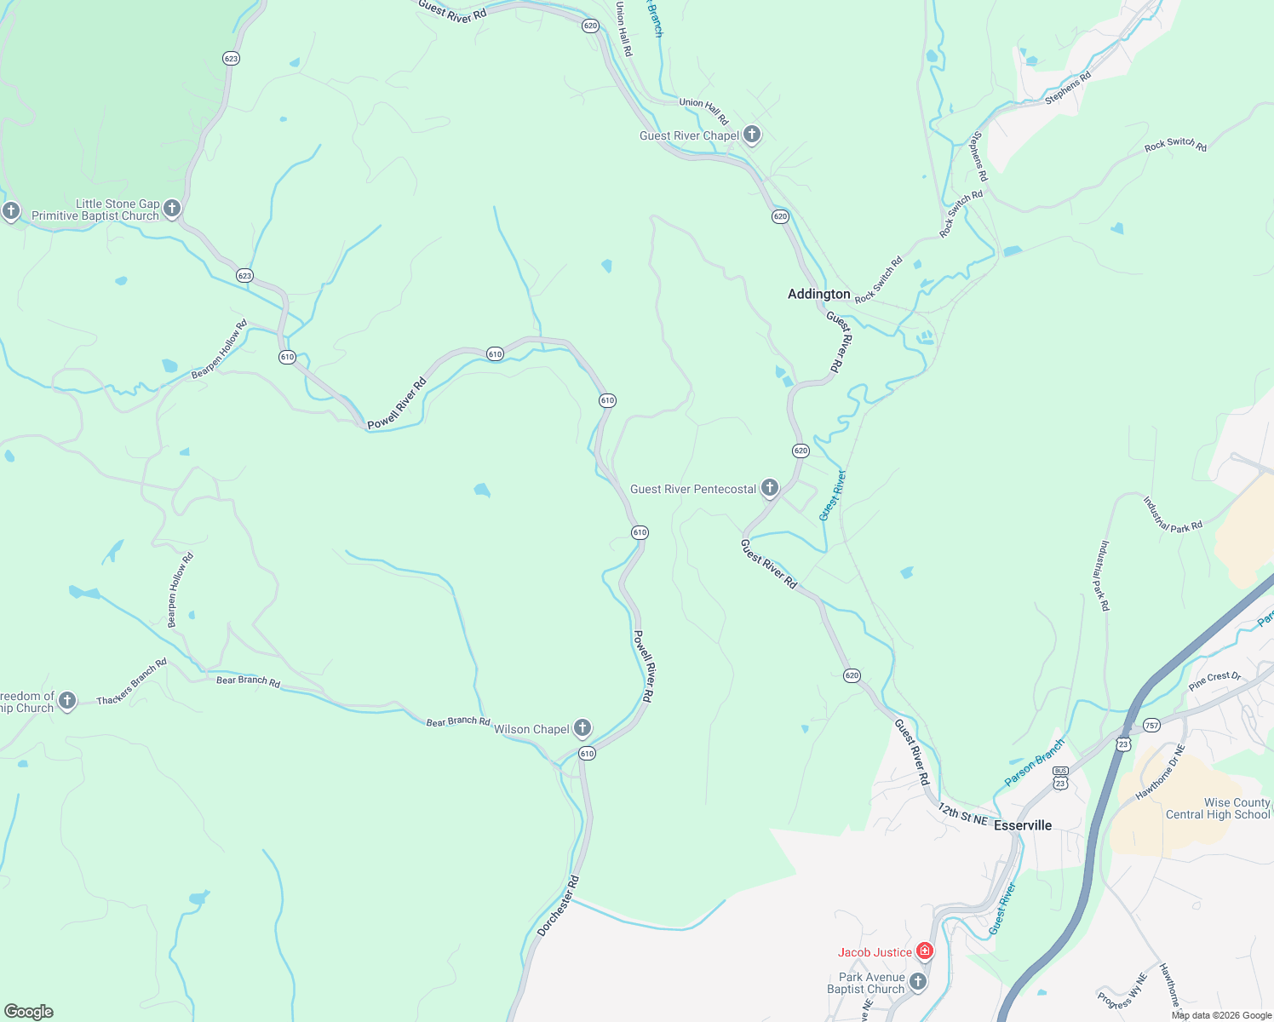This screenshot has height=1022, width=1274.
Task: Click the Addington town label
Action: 818,294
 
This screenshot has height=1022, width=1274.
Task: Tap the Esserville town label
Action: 1023,825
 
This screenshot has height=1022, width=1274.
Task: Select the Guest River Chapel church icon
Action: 752,134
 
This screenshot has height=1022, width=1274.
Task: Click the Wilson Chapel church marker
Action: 582,727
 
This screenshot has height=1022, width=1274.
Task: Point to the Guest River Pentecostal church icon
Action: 770,487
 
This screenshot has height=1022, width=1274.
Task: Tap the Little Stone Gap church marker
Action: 172,208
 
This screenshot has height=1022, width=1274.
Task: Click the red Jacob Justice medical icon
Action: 925,951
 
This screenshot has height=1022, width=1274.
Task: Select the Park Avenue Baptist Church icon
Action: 918,981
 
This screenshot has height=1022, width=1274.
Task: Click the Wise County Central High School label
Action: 1218,808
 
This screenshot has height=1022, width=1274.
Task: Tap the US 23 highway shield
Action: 1123,744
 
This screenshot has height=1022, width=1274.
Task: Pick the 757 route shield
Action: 1151,726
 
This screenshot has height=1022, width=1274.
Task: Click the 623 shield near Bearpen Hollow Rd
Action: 245,276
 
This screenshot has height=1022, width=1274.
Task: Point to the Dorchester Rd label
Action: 558,906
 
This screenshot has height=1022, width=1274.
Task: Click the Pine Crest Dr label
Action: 1215,680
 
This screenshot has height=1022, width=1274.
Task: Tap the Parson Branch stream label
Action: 1034,763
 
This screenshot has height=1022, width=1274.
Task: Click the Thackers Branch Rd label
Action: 131,682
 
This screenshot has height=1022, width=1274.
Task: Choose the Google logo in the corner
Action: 29,1012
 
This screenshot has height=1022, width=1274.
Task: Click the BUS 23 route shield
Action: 1060,777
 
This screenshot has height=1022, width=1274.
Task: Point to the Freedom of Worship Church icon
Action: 67,701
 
